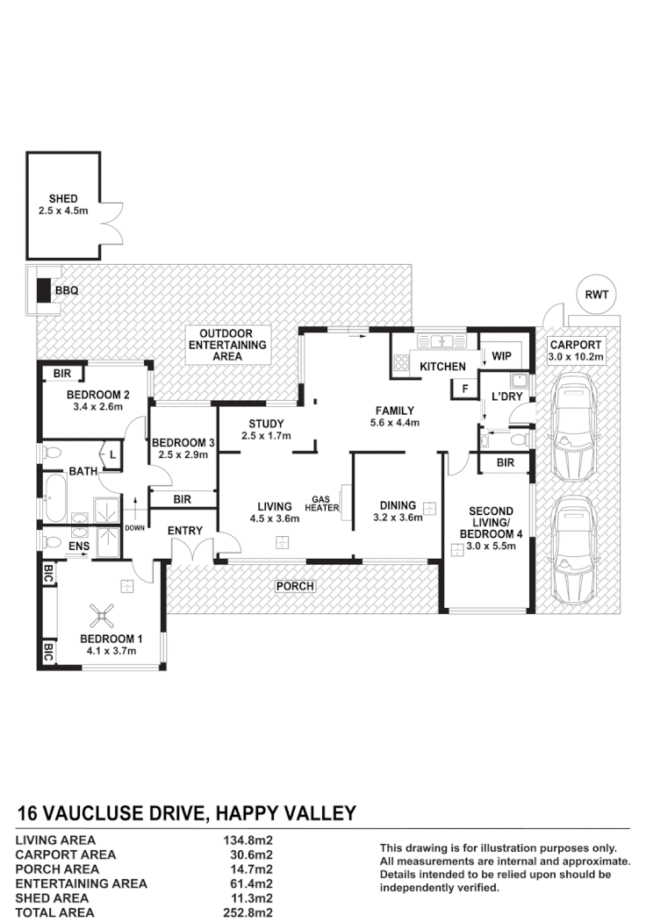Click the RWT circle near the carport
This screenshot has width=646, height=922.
click(601, 295)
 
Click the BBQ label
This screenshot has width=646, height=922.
click(67, 289)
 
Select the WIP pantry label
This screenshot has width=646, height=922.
click(501, 356)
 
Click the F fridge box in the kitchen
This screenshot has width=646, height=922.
click(465, 389)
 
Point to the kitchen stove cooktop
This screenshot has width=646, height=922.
click(403, 362)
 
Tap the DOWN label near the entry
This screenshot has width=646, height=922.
click(133, 528)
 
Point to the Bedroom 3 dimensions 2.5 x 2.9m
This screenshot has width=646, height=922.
click(177, 454)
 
